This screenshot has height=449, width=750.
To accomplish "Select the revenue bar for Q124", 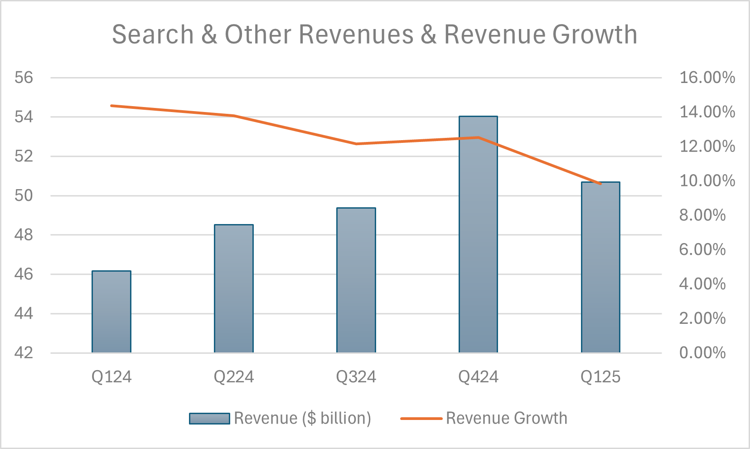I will (x=111, y=312).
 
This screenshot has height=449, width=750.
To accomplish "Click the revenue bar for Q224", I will (x=234, y=289).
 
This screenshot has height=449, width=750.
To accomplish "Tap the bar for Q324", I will (x=356, y=280).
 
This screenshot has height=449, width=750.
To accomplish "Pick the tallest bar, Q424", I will (x=478, y=234).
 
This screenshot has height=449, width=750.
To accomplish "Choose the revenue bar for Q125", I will (x=600, y=268).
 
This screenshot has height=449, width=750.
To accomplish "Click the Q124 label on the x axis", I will (x=111, y=377).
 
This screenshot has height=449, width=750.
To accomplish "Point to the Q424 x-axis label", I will (x=478, y=377).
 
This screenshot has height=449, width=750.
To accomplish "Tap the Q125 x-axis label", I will (x=600, y=377).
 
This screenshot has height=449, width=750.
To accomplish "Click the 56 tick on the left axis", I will (x=24, y=78).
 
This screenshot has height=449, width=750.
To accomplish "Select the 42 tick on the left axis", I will (x=24, y=353).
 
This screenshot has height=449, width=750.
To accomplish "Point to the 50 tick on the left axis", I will (x=24, y=195).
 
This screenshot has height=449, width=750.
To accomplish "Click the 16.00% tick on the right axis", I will (x=707, y=78).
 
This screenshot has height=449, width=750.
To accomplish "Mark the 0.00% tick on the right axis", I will (x=702, y=353).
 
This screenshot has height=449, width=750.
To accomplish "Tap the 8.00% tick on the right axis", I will (x=702, y=215).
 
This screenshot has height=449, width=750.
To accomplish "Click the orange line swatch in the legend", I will (x=421, y=418).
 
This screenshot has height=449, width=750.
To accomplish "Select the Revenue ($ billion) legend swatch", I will (x=209, y=418).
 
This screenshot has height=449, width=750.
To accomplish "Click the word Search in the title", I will (x=153, y=34).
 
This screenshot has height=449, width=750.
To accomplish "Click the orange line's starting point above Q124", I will (x=111, y=106).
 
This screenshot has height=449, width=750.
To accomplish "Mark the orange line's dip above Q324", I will (x=356, y=144).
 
